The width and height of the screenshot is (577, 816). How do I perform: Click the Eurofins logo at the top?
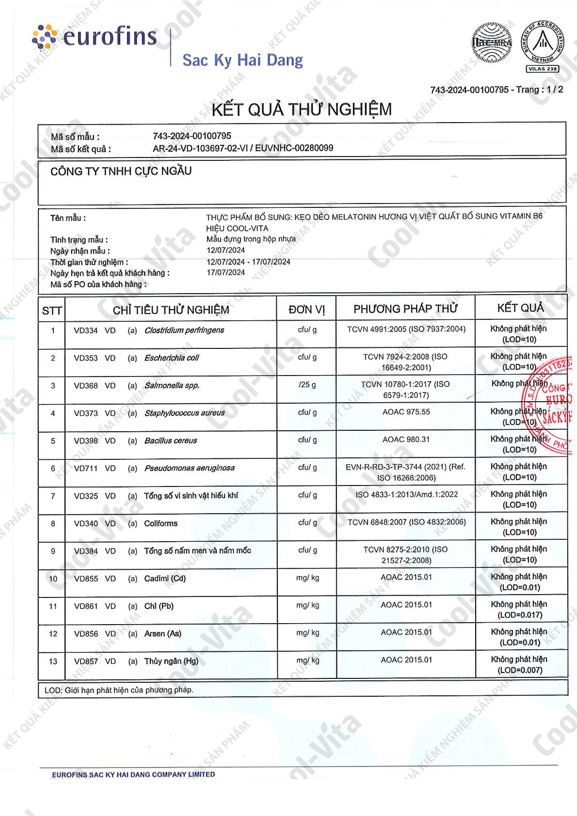pos(95,37)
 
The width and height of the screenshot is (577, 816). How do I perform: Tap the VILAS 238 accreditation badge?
pos(543,46)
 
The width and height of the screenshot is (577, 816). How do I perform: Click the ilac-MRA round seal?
pos(492,43)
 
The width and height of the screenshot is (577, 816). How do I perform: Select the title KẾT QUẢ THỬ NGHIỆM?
pos(302,110)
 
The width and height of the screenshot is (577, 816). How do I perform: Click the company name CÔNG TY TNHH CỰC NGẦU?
pos(121,171)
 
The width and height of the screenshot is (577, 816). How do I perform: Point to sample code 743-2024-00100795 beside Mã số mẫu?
pos(192,136)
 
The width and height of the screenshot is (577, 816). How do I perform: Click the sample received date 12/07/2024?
pos(226,251)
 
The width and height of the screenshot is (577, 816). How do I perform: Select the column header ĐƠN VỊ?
pos(306,310)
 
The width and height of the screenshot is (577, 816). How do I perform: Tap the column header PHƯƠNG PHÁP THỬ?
pos(405,309)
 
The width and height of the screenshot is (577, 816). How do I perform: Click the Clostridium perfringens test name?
pos(184,330)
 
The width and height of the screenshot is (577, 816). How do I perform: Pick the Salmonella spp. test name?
pos(172,386)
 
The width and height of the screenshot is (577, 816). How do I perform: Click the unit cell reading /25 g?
pos(307,385)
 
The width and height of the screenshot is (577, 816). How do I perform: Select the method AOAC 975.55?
pos(406,412)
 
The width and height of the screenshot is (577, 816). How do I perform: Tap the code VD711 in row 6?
pos(86,469)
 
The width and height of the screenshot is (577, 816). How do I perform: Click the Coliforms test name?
pos(160,524)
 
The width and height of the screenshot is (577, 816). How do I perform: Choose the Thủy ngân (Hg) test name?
pos(171,661)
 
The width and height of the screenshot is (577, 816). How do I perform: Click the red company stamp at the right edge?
pos(550,407)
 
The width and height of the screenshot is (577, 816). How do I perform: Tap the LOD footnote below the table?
pos(119,690)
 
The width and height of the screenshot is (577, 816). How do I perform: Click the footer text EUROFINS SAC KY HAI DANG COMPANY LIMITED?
pos(133,775)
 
